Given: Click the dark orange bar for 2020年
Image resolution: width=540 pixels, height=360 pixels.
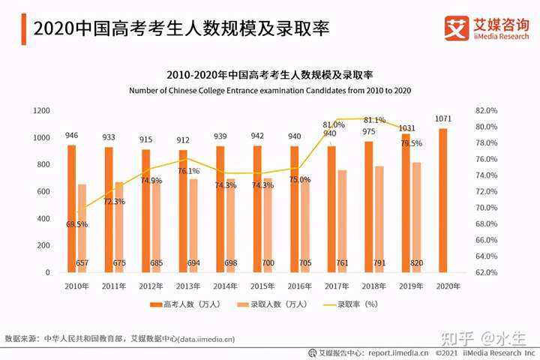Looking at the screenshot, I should [442, 200].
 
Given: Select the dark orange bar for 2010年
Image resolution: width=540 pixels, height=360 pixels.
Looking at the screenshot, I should [72, 208].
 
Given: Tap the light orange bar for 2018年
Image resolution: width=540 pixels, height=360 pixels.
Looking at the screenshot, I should [379, 219].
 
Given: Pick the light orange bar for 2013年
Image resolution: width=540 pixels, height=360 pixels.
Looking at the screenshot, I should [193, 225].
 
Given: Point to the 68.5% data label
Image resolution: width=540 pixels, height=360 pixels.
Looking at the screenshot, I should [77, 224].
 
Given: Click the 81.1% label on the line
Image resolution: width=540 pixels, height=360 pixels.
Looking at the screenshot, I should [374, 120].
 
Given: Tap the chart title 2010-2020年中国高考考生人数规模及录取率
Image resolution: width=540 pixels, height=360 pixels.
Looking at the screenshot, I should [269, 74].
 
